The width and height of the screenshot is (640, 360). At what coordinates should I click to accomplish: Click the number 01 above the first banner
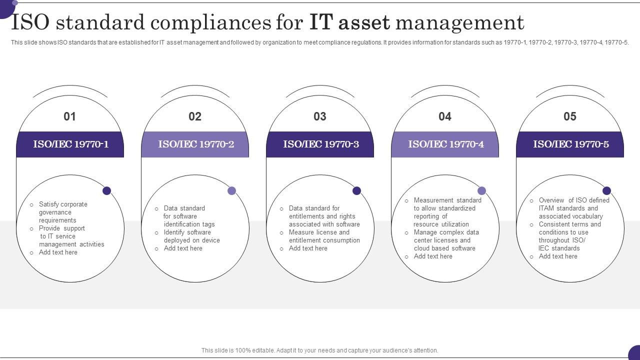[69, 116]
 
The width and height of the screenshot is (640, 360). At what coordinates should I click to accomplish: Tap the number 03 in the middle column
[319, 116]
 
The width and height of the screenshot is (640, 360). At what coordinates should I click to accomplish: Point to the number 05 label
[569, 116]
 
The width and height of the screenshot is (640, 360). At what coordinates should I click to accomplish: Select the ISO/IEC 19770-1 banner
[70, 144]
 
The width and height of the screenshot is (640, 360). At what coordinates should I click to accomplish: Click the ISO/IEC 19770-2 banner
[195, 144]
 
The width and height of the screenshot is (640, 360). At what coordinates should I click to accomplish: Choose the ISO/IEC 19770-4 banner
[445, 144]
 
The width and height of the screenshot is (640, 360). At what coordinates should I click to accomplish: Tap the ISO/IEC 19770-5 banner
[570, 144]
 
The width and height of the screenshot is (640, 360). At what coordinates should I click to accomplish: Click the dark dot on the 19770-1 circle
[106, 190]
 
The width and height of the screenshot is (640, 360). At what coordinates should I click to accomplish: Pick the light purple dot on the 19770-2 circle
[231, 190]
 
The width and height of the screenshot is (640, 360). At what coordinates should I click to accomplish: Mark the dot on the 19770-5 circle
[606, 190]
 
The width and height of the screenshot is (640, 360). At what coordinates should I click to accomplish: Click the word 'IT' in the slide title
[321, 22]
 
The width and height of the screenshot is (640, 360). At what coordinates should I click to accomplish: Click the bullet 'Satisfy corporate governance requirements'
[63, 212]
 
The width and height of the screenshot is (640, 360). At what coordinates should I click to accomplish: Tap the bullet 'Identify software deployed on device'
[191, 236]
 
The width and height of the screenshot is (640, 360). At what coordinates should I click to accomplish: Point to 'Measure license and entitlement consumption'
[324, 236]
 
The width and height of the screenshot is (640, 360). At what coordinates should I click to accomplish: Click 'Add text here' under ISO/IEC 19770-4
[433, 256]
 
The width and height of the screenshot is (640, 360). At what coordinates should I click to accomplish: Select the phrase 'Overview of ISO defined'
[573, 200]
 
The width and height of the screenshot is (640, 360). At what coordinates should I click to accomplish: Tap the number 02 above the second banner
[195, 116]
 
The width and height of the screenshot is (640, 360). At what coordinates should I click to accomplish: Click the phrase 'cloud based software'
[444, 248]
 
